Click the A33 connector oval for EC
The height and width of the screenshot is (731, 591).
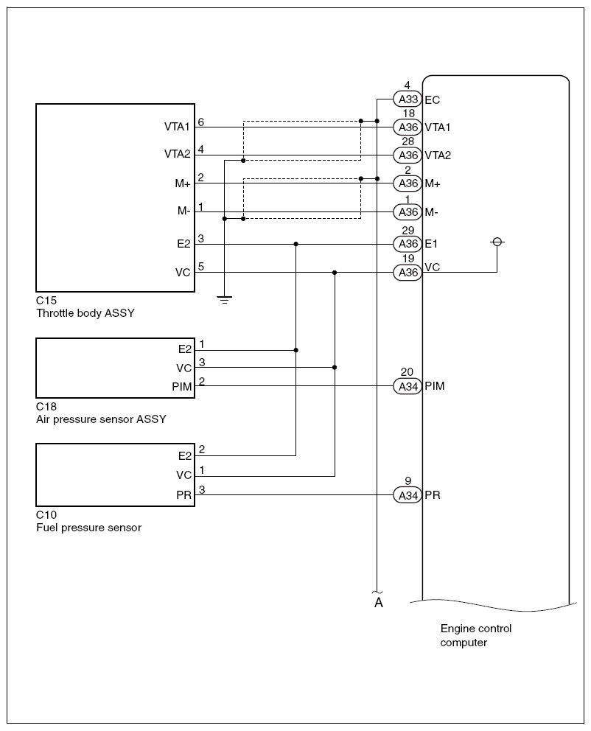pos(408,99)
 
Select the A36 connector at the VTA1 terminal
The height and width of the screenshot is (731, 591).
pos(408,127)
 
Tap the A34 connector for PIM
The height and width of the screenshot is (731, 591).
pos(408,385)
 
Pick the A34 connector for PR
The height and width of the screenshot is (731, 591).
pos(408,495)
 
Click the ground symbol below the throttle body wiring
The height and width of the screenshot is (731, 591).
pos(224,299)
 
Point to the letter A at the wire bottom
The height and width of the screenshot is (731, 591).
pos(378,603)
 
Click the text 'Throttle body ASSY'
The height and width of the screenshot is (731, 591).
pos(85,312)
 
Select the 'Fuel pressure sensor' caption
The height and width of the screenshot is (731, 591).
pos(88,528)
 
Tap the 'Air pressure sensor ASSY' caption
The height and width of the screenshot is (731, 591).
pos(101,419)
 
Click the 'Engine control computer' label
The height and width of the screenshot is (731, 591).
pos(475,635)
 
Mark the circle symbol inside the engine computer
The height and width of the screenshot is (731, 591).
pos(497,242)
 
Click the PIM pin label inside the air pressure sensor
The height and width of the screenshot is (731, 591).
pos(181,386)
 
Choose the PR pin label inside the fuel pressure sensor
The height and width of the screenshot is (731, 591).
pos(183,495)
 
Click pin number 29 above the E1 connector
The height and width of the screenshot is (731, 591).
pos(408,231)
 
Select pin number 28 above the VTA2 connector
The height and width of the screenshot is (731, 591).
pos(408,141)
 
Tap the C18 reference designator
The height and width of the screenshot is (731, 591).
pos(46,406)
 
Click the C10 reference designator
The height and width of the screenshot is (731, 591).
pos(46,514)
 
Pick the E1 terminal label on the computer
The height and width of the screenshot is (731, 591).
pos(433,244)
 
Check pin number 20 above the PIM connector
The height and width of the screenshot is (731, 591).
pos(408,372)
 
